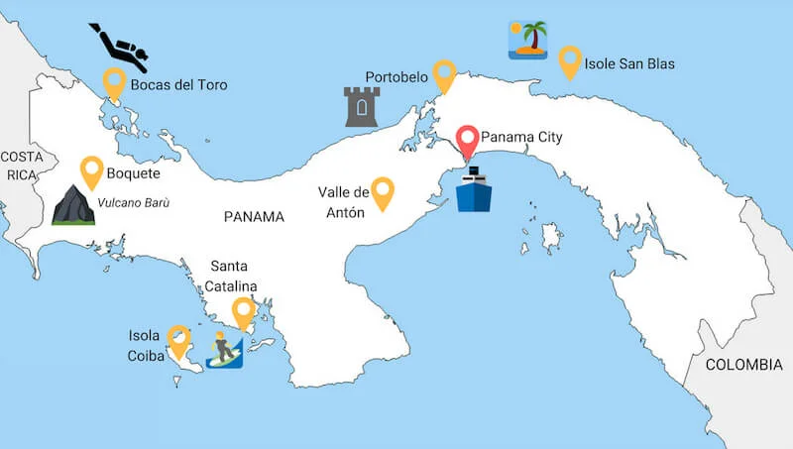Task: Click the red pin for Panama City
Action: (x=467, y=141)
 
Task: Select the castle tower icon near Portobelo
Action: (x=362, y=106)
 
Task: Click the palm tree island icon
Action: (x=528, y=40)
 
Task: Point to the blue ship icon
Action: (x=473, y=189)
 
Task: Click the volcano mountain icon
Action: (x=71, y=204)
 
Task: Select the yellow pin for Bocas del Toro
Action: (x=114, y=82)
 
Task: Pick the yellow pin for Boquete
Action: (x=92, y=170)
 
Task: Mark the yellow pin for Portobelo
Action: (x=444, y=74)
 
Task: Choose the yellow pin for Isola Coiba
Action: (x=178, y=339)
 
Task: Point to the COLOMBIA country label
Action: (x=743, y=365)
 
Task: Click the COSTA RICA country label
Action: (x=21, y=166)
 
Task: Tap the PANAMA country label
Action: (x=254, y=216)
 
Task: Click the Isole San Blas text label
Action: (x=629, y=64)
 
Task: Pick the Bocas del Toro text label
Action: (x=178, y=85)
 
